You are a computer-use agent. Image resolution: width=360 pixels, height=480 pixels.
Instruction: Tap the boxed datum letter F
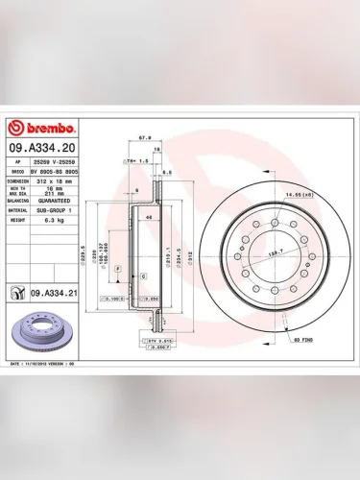[117, 272]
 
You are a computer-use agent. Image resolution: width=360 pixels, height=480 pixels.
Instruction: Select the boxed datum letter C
[142, 276]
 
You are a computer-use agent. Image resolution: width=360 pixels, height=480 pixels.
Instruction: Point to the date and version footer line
[48, 366]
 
